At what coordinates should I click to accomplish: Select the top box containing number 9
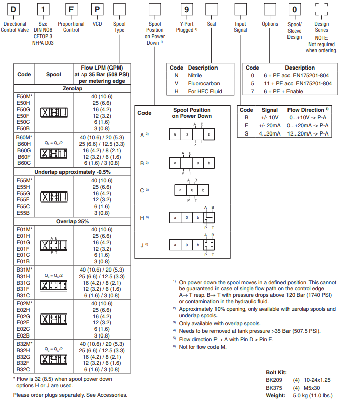point(187,9)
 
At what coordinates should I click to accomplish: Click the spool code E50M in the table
point(25,96)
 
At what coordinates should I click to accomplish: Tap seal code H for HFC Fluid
point(176,91)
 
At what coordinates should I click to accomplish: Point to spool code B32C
point(24,369)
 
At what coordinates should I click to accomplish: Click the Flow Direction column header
point(308,110)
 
